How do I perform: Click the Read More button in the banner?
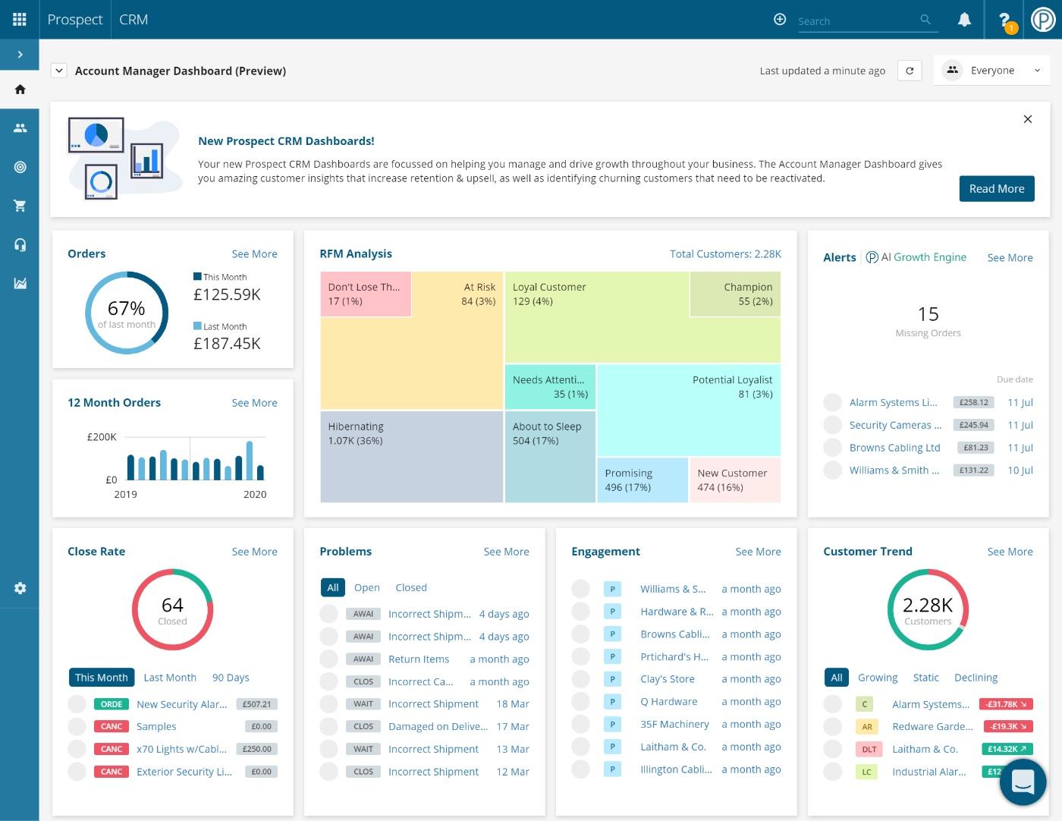996,189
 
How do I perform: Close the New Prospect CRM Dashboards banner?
1027,119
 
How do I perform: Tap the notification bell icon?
964,20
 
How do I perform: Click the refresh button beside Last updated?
910,71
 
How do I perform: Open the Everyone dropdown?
991,71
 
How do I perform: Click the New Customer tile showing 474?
734,480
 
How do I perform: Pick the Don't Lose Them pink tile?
365,294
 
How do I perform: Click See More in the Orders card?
254,254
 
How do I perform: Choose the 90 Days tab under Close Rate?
231,678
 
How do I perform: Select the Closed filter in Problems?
411,587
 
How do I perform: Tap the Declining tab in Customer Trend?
976,678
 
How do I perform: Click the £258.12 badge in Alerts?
973,402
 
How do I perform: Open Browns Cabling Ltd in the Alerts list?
894,448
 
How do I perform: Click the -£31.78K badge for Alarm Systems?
1006,704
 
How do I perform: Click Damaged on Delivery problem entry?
438,726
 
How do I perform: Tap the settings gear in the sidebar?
20,588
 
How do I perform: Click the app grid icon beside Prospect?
20,20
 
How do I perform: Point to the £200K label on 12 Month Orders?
102,437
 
